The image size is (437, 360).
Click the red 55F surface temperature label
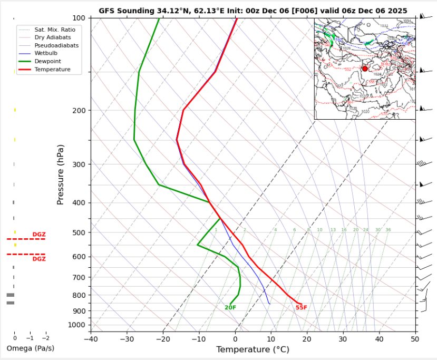(x=301, y=307)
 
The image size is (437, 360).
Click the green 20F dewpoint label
(x=230, y=307)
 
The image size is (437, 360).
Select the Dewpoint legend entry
(x=45, y=61)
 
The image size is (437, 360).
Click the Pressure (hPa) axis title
(x=60, y=174)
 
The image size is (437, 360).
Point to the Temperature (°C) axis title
(x=253, y=349)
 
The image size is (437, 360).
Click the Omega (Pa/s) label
(x=30, y=348)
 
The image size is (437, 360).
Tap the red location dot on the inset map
(x=365, y=69)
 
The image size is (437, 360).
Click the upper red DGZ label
(x=39, y=235)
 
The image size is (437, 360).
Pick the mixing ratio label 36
(x=388, y=230)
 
